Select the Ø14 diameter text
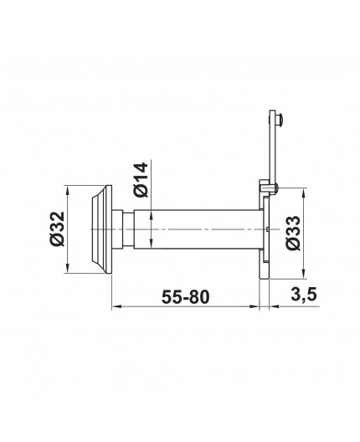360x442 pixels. coord(141,178)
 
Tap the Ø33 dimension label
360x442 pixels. coord(292,234)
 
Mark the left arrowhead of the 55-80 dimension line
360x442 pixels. coord(115,307)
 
